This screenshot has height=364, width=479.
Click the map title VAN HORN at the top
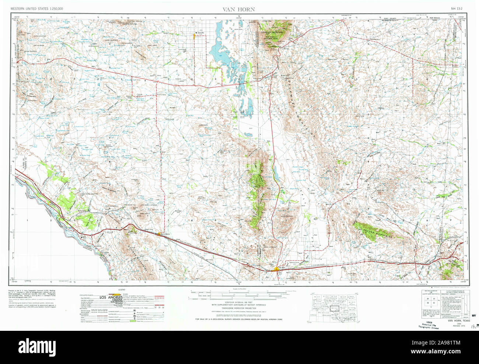238,9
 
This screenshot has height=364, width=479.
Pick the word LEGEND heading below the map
122,290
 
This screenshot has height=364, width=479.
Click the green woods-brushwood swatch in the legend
133,321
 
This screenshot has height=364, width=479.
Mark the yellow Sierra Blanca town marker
164,233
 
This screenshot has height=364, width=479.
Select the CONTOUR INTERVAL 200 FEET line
238,302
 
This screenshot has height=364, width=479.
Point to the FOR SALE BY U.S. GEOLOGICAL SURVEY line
238,319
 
